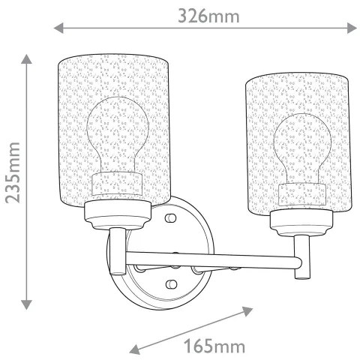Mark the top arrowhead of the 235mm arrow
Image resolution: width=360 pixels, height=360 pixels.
pyautogui.click(x=27, y=59)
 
